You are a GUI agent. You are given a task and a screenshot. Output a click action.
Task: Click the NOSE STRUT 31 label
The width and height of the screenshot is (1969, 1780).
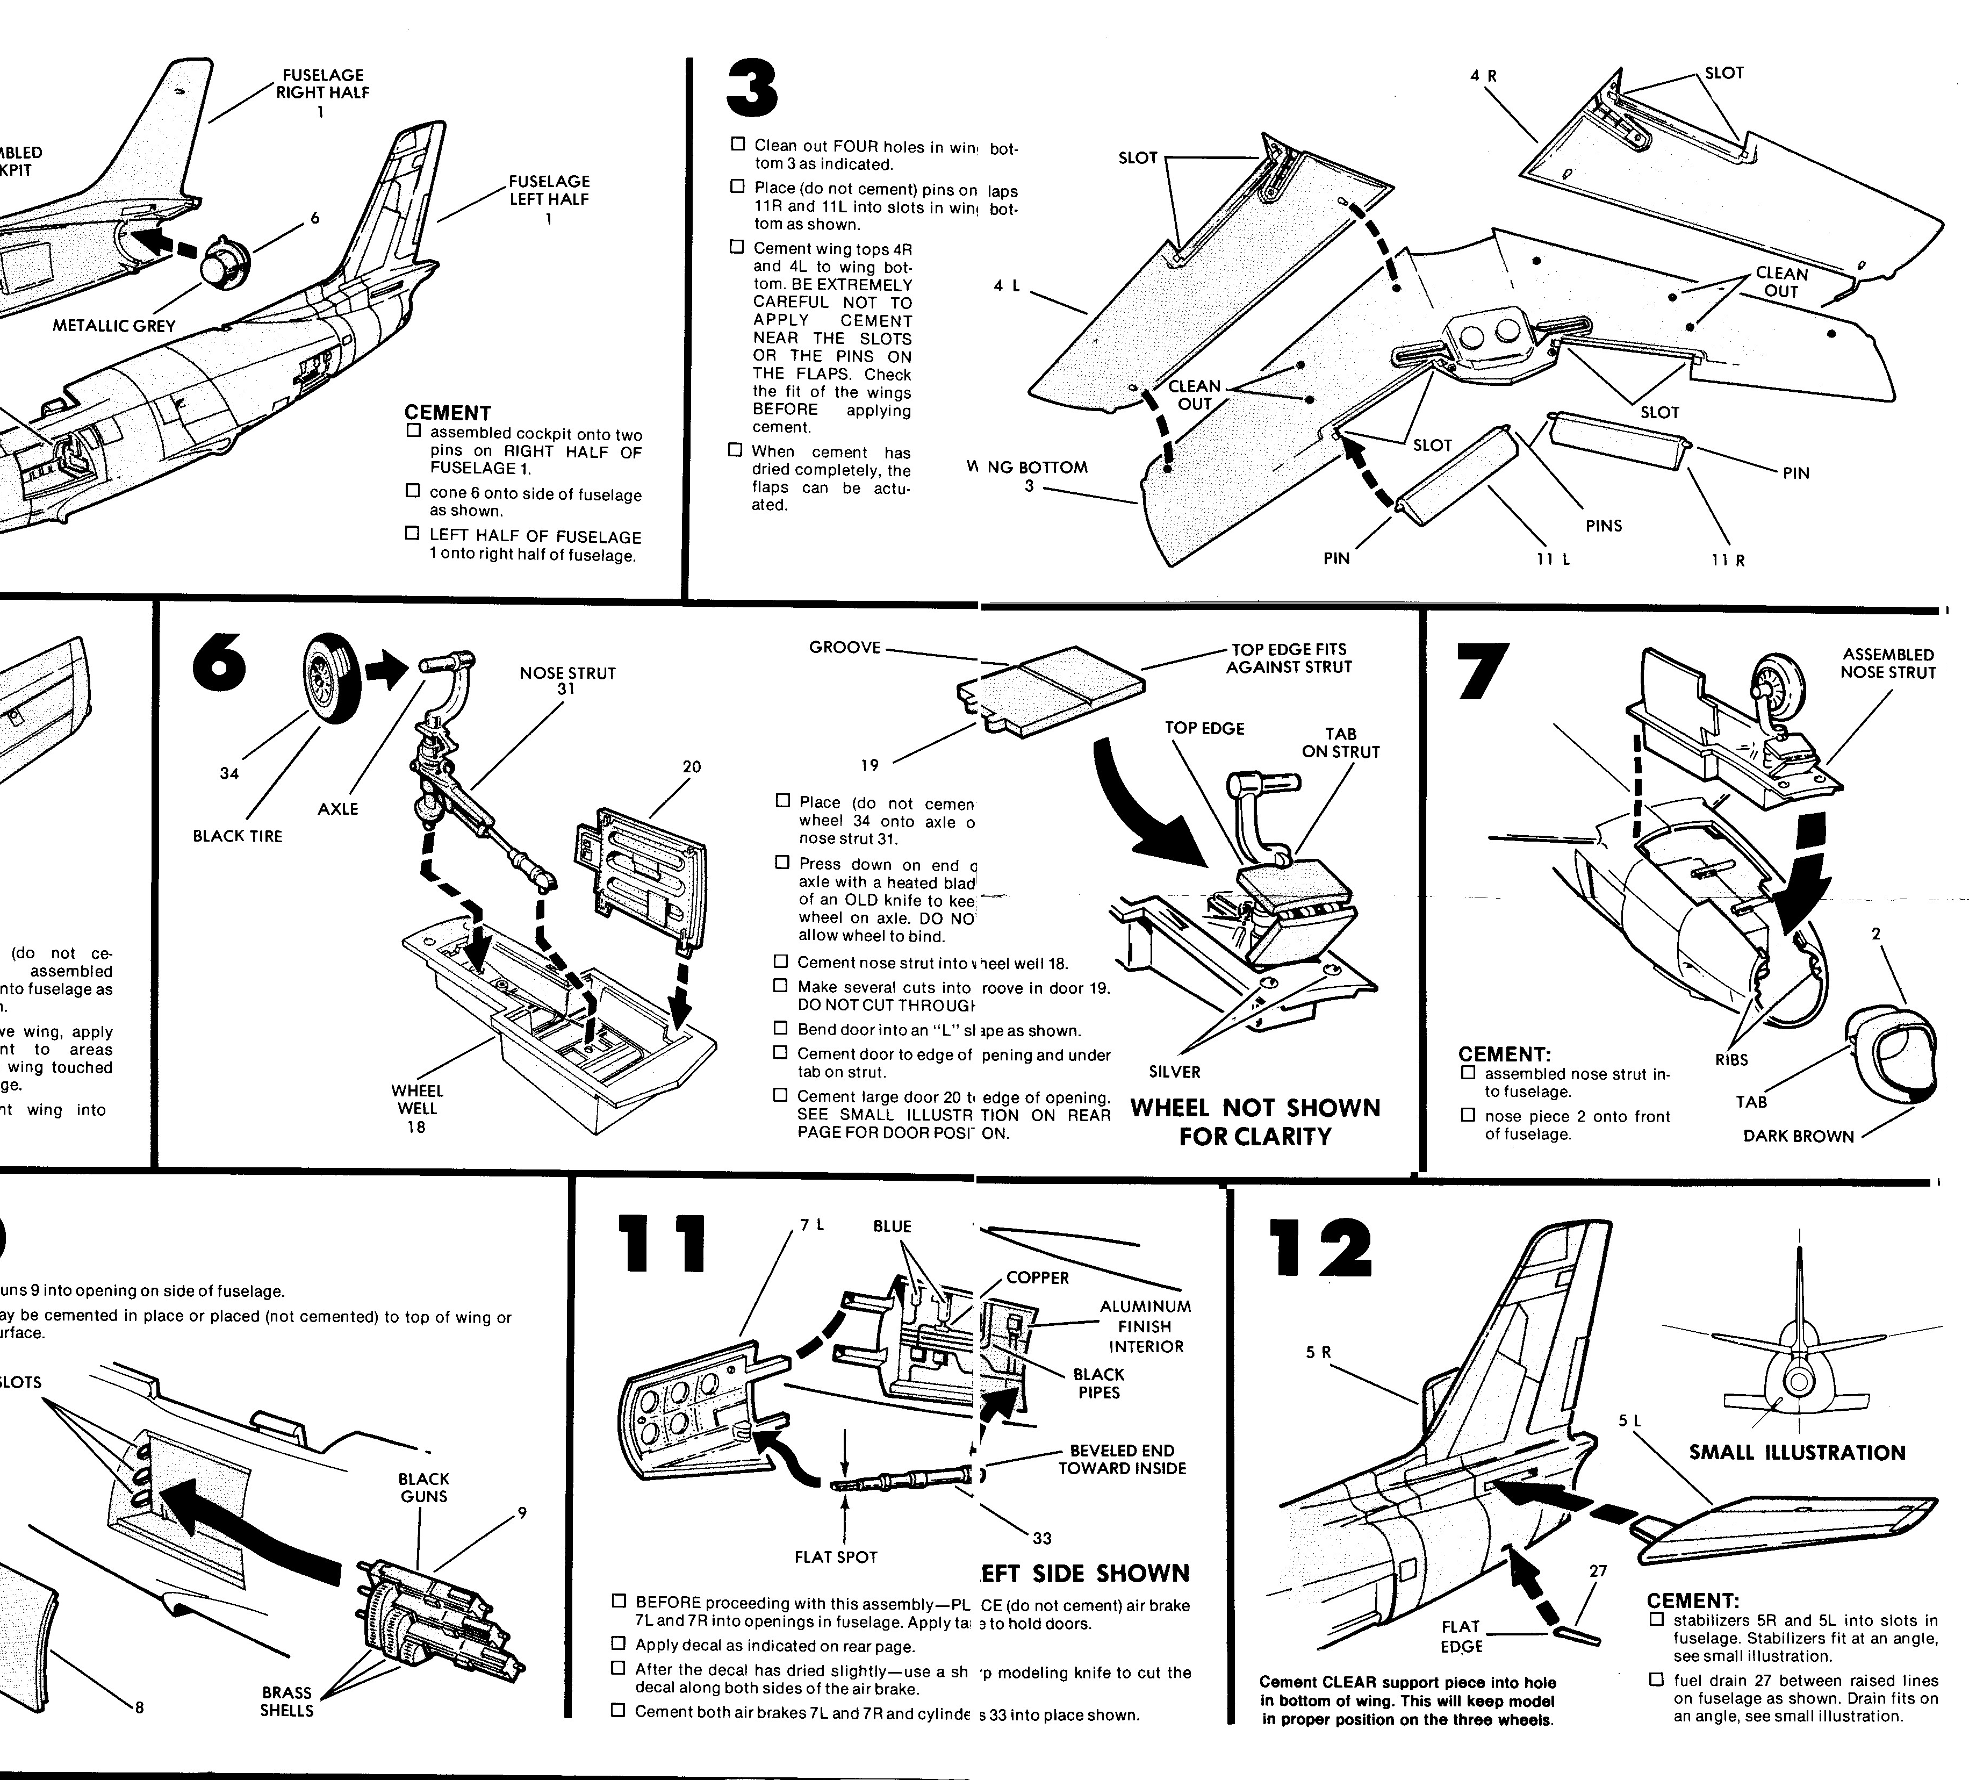pos(567,681)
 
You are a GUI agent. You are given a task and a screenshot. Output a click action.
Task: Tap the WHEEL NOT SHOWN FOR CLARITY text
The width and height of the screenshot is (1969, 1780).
pos(1255,1123)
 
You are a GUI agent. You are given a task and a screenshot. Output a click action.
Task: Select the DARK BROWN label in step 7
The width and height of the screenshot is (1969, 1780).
pos(1798,1136)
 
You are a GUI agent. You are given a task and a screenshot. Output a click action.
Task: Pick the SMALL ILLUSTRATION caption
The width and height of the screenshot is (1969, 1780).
pos(1797,1453)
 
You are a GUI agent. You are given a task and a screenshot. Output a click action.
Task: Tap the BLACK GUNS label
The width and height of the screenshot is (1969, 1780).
pos(424,1487)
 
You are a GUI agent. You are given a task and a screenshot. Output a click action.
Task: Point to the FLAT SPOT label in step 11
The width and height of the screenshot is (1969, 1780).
pos(836,1558)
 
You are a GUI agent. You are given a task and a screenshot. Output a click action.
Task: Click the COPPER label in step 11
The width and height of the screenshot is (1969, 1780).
pos(1037,1278)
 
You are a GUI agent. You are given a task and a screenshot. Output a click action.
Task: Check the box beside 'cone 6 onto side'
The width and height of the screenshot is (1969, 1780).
pos(413,491)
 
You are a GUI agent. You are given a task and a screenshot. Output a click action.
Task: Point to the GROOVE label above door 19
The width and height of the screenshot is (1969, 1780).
pos(845,647)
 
